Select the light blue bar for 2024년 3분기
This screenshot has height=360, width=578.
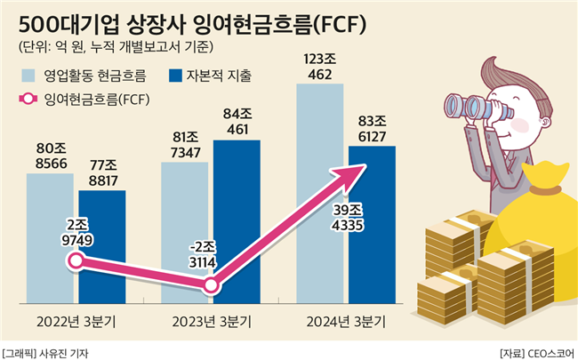(x=318, y=178)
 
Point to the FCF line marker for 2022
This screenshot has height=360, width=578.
(x=76, y=261)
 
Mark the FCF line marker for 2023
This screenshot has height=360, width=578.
(x=212, y=285)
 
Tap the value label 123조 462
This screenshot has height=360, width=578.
(x=318, y=67)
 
